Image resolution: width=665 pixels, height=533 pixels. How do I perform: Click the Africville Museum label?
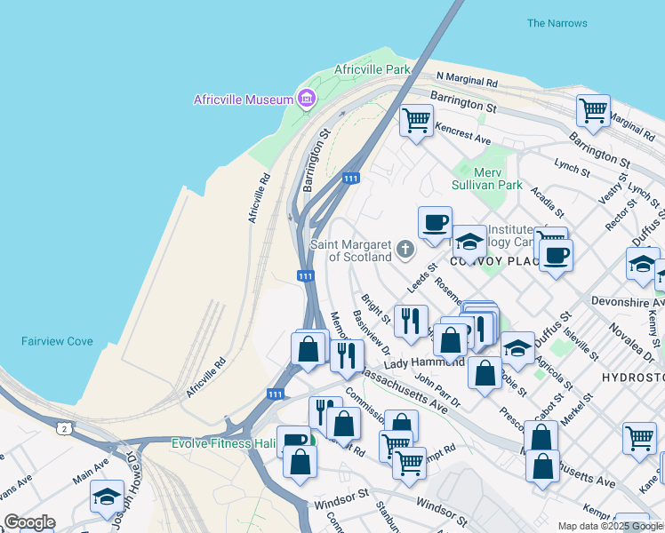(244, 99)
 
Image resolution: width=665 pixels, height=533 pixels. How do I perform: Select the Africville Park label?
(373, 69)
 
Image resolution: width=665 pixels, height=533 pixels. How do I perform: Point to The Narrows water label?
(557, 23)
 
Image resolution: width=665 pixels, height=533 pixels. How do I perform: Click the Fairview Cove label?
(57, 341)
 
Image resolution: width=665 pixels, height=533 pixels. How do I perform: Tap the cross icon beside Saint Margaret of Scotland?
(405, 250)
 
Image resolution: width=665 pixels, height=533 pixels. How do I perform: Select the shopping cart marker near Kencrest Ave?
(416, 120)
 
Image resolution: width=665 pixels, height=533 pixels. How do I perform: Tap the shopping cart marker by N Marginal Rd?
(593, 111)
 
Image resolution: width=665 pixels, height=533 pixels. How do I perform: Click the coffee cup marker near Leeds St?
(435, 223)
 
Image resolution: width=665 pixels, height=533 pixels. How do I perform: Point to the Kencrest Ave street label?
(463, 134)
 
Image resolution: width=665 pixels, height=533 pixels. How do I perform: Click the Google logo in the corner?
(29, 522)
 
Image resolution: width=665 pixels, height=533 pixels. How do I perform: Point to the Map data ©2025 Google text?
(610, 526)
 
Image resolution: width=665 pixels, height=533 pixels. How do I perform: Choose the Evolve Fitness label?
(223, 442)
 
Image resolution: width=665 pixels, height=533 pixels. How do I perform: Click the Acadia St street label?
(547, 201)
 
